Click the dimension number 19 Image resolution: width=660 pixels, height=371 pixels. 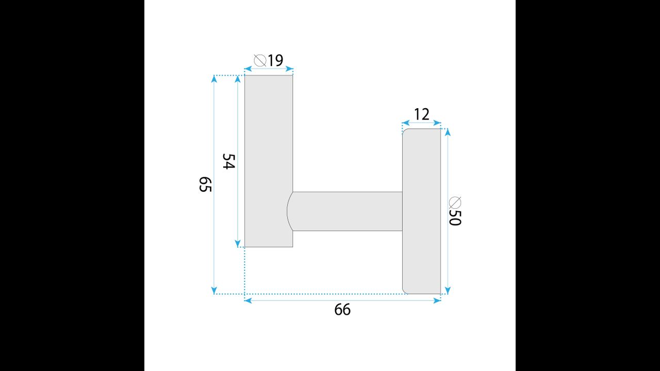tap(275, 60)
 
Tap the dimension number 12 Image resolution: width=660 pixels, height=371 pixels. tap(422, 114)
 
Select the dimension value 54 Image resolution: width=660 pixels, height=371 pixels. tap(228, 161)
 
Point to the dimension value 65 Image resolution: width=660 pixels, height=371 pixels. tap(205, 184)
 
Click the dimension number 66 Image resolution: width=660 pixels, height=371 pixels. tap(342, 310)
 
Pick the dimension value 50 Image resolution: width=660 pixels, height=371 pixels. tap(455, 218)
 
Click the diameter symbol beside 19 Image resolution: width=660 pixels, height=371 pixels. tap(260, 60)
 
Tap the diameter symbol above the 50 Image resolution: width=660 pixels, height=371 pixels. tap(455, 203)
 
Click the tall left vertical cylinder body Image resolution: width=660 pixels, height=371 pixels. tap(269, 161)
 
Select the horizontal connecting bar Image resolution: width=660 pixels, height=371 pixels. tap(345, 211)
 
